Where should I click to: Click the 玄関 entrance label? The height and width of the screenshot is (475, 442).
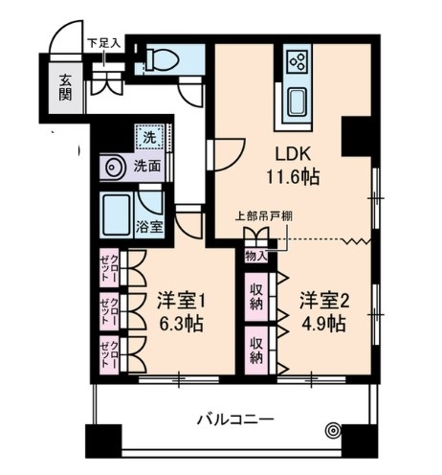tap(64, 88)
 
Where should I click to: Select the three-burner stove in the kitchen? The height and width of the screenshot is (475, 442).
tap(297, 63)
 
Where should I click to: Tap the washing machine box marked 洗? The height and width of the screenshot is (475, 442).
tap(148, 138)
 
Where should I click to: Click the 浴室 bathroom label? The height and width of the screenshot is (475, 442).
tap(148, 227)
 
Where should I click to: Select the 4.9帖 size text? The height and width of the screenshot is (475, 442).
tap(321, 323)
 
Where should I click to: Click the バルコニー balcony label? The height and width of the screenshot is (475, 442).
tap(235, 418)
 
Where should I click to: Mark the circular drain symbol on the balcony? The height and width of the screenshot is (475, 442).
tap(332, 431)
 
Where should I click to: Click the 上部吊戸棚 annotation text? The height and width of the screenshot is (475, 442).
tap(265, 215)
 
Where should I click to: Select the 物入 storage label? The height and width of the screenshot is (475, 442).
tap(256, 256)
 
